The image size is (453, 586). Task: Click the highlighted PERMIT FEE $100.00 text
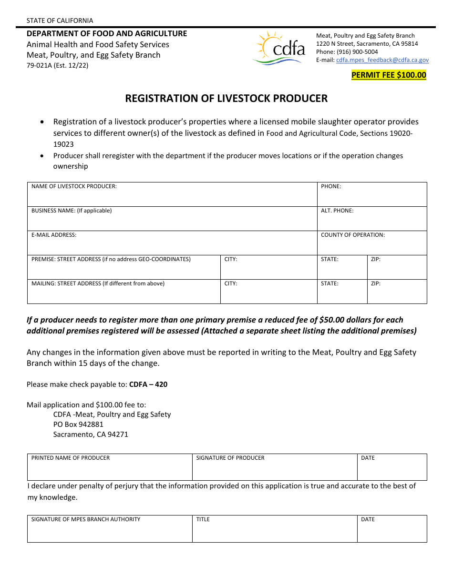[389, 75]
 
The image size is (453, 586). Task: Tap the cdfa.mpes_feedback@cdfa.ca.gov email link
[382, 60]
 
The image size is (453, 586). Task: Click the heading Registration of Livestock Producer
[226, 99]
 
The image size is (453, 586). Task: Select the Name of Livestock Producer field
[172, 195]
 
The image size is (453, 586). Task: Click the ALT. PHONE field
[372, 219]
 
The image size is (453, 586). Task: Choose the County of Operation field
[372, 243]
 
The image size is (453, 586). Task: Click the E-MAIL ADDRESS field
[172, 243]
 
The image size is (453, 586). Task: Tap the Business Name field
[172, 219]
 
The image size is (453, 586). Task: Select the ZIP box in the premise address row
[397, 268]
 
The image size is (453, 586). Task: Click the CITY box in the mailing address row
[268, 292]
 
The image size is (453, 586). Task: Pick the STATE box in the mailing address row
[342, 292]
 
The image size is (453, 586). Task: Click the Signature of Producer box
[274, 468]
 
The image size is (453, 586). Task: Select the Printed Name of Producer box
[110, 468]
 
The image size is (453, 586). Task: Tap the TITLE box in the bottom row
[274, 529]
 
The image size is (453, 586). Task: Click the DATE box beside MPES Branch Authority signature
[392, 529]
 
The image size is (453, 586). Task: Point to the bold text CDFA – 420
[148, 384]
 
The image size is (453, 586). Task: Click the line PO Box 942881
[78, 424]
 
